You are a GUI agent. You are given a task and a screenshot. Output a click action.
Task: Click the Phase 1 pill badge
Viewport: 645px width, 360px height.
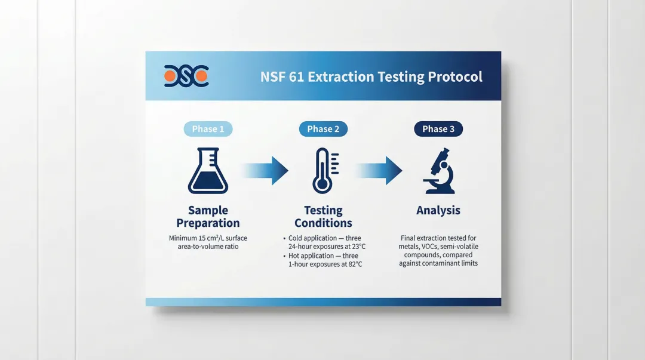208,129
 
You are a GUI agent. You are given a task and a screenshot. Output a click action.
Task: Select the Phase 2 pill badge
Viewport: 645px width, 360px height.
323,129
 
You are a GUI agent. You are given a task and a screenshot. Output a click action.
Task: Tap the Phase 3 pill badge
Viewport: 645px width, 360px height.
438,129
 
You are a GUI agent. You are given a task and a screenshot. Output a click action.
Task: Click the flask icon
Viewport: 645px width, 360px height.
208,171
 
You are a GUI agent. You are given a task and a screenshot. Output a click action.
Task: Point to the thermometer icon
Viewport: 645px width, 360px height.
325,171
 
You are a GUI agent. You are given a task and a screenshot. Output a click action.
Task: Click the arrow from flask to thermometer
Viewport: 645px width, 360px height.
265,170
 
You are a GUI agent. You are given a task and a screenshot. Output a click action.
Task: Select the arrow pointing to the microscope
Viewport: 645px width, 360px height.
379,170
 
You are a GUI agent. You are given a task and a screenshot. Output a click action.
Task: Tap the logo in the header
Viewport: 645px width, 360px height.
186,76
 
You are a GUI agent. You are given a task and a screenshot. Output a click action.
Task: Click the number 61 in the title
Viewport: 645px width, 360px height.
296,77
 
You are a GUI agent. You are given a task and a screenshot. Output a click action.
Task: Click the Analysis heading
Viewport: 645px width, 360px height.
438,211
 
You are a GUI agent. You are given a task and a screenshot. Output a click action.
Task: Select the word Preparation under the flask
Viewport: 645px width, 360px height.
208,223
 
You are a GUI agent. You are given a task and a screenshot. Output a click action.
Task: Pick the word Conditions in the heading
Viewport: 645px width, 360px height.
323,223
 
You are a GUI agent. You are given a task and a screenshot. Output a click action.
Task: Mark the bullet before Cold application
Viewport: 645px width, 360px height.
284,239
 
